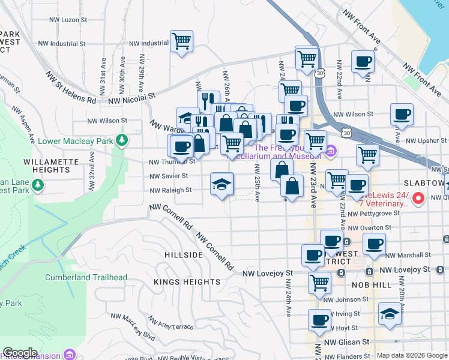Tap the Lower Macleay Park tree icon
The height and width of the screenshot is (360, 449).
122,141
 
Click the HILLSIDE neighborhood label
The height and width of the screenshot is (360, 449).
184,255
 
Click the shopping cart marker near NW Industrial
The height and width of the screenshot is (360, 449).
181,41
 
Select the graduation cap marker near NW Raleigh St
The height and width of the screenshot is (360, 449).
221,184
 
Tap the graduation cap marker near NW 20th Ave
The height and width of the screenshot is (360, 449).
390,314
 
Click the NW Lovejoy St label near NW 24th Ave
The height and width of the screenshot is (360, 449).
267,273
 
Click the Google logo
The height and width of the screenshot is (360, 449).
19,353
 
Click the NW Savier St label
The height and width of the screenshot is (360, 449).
169,176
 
